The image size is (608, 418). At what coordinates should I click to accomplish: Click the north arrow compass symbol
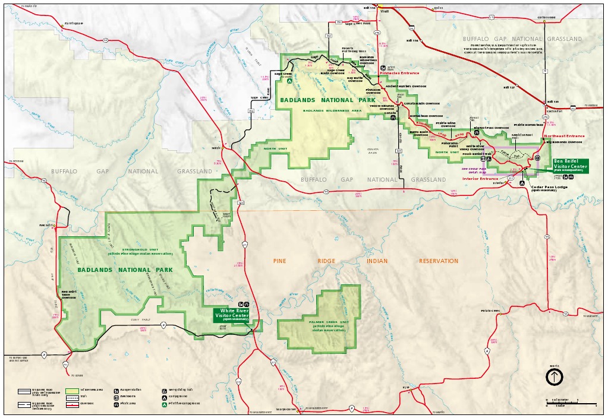click(x=554, y=376)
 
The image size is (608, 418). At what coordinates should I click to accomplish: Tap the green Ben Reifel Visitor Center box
click(x=570, y=165)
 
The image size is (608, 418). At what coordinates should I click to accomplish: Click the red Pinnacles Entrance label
click(x=399, y=73)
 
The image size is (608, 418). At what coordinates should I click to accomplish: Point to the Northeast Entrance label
click(x=564, y=136)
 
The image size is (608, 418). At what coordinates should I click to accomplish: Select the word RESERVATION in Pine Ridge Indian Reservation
click(x=438, y=261)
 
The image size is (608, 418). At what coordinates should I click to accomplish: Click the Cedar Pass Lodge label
click(x=549, y=188)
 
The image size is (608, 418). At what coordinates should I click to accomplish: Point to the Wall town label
click(x=385, y=11)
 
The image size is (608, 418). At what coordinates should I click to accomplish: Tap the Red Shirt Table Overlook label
click(x=69, y=294)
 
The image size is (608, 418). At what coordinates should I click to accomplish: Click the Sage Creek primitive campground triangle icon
click(x=289, y=81)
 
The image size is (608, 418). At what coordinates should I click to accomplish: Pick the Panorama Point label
click(x=449, y=144)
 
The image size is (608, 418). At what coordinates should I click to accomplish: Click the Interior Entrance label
click(x=480, y=179)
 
